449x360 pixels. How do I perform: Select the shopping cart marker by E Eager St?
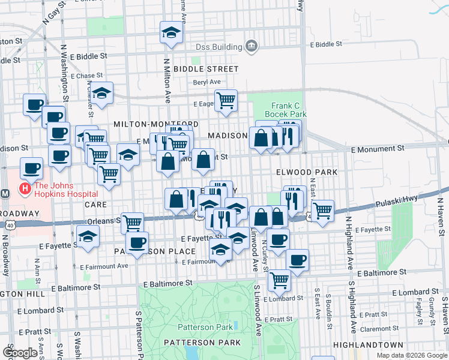pyautogui.click(x=226, y=101)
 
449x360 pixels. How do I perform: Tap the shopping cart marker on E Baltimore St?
pyautogui.click(x=279, y=280)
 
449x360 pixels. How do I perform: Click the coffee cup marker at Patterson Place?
pyautogui.click(x=137, y=243)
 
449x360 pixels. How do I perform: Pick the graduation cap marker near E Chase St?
pyautogui.click(x=102, y=93)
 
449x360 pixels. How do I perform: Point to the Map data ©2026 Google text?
pyautogui.click(x=412, y=355)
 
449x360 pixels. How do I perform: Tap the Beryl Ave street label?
pyautogui.click(x=206, y=82)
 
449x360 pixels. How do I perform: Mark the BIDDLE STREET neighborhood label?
pyautogui.click(x=205, y=69)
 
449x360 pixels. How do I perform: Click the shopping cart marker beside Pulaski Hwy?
pyautogui.click(x=322, y=211)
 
